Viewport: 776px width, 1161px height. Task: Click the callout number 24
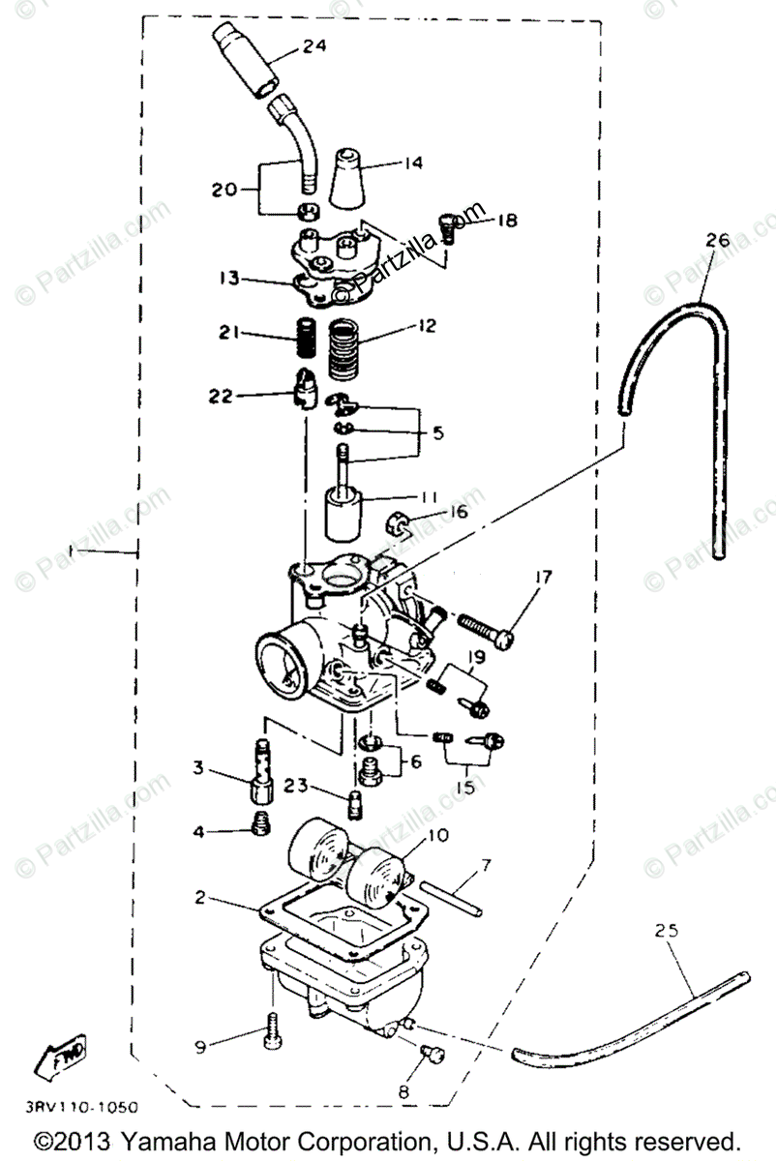click(x=313, y=45)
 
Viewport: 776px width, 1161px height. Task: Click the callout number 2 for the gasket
click(x=199, y=897)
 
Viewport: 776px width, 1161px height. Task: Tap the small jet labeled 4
click(x=258, y=824)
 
